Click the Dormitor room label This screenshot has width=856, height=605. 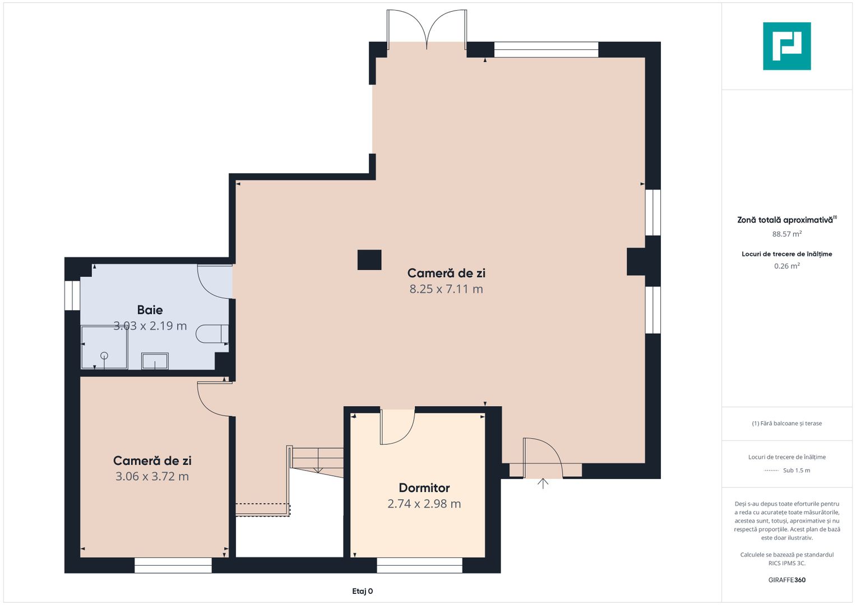pyautogui.click(x=424, y=488)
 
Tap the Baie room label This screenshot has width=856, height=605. pyautogui.click(x=150, y=310)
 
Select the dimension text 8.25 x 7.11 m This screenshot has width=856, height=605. pyautogui.click(x=446, y=289)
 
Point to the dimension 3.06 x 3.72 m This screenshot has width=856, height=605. pyautogui.click(x=152, y=476)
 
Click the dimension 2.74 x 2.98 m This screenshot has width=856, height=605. pyautogui.click(x=424, y=504)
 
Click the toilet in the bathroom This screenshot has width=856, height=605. pyautogui.click(x=212, y=334)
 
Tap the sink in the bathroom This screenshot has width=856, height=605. pyautogui.click(x=155, y=361)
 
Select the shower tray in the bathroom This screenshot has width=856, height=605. pyautogui.click(x=104, y=347)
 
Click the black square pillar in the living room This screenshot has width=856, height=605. pyautogui.click(x=369, y=260)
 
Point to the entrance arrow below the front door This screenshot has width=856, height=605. pyautogui.click(x=543, y=483)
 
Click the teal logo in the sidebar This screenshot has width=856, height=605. pyautogui.click(x=787, y=46)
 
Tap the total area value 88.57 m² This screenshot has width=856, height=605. pyautogui.click(x=787, y=234)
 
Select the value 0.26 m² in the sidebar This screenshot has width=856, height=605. pyautogui.click(x=787, y=266)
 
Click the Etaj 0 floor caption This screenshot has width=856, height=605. pyautogui.click(x=362, y=591)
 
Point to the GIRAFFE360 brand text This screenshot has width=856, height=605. pyautogui.click(x=787, y=580)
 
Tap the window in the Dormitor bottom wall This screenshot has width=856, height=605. pyautogui.click(x=420, y=565)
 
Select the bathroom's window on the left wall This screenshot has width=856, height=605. pyautogui.click(x=72, y=296)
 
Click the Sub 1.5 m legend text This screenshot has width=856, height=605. pyautogui.click(x=797, y=470)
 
